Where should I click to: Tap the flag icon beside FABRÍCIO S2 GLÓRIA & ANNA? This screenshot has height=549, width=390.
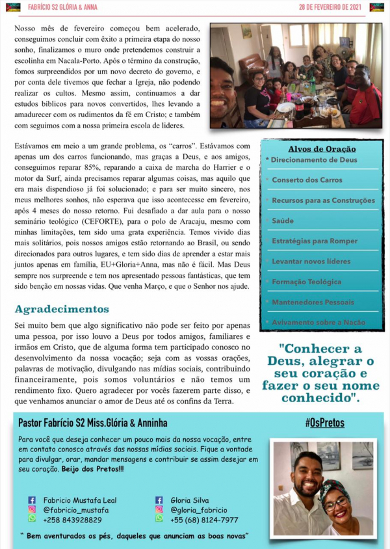13,7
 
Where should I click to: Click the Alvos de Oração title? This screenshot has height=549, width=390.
321,149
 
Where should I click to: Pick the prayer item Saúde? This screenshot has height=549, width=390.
283,221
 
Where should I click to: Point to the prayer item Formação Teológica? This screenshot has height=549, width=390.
306,282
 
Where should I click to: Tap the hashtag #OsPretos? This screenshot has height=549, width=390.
324,423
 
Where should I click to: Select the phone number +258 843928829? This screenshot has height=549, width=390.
72,520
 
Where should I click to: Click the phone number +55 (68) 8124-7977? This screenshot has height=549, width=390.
204,520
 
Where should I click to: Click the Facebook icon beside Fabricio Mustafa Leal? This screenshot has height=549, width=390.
32,500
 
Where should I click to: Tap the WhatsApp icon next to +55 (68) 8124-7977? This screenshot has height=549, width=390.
159,520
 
